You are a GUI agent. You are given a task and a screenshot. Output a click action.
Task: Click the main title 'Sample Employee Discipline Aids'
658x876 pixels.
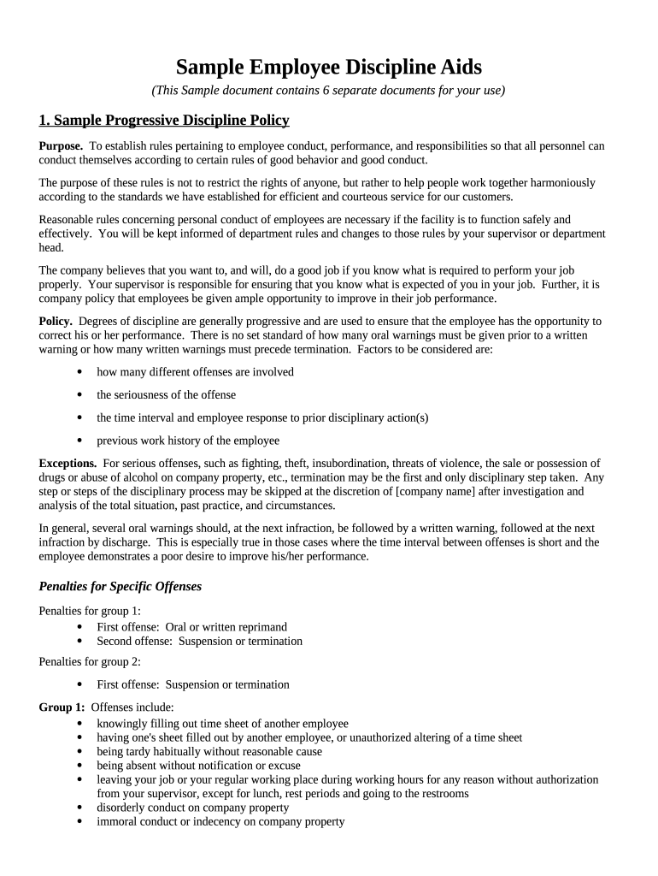pyautogui.click(x=328, y=67)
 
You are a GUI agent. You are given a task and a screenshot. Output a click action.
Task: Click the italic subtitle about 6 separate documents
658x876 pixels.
pyautogui.click(x=328, y=91)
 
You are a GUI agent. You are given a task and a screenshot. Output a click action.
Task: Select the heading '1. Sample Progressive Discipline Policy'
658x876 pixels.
pyautogui.click(x=164, y=120)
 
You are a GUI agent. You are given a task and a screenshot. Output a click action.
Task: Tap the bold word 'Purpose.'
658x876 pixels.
pyautogui.click(x=61, y=146)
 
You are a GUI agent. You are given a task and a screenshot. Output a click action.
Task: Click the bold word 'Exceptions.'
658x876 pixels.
pyautogui.click(x=68, y=463)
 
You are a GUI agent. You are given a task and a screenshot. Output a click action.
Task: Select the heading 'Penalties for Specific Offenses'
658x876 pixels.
pyautogui.click(x=120, y=587)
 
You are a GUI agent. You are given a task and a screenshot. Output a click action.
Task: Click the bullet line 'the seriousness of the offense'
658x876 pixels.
pyautogui.click(x=166, y=395)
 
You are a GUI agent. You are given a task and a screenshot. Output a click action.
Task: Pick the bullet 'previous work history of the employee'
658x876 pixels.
pyautogui.click(x=187, y=441)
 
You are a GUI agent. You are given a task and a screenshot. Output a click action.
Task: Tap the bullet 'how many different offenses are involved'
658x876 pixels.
pyautogui.click(x=195, y=372)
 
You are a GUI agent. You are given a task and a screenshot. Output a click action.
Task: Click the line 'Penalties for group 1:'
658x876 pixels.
pyautogui.click(x=90, y=611)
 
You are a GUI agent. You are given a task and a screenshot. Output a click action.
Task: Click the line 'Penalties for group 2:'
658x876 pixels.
pyautogui.click(x=90, y=661)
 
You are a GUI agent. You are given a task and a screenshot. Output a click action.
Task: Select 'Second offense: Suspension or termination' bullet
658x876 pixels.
pyautogui.click(x=199, y=641)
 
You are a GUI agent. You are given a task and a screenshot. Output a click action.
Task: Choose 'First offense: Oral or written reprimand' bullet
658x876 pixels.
pyautogui.click(x=191, y=627)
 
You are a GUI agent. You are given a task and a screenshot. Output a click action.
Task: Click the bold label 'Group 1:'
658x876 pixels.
pyautogui.click(x=62, y=707)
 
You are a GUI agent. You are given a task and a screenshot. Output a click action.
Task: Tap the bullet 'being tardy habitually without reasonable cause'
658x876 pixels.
pyautogui.click(x=209, y=751)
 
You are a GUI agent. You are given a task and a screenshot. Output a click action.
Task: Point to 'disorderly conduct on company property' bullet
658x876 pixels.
pyautogui.click(x=192, y=808)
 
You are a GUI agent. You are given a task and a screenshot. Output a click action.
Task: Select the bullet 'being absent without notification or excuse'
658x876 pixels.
pyautogui.click(x=198, y=766)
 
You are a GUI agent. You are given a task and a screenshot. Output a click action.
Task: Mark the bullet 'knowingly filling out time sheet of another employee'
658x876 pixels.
pyautogui.click(x=222, y=723)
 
